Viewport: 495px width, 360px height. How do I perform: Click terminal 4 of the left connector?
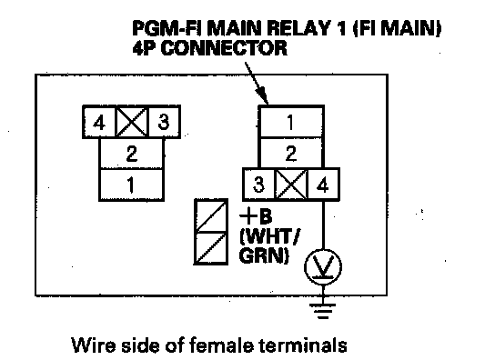pyautogui.click(x=99, y=122)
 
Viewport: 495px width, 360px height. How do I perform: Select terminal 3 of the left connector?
pyautogui.click(x=164, y=122)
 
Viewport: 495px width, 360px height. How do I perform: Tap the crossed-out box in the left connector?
pyautogui.click(x=132, y=122)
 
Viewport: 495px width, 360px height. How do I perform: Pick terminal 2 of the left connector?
pyautogui.click(x=132, y=154)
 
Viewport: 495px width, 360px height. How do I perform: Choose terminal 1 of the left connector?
pyautogui.click(x=132, y=185)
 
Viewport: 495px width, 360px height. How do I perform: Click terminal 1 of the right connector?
pyautogui.click(x=291, y=122)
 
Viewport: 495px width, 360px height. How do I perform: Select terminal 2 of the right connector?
pyautogui.click(x=291, y=153)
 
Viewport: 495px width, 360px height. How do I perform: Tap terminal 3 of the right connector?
pyautogui.click(x=258, y=185)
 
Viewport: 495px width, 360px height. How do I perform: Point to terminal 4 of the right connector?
pyautogui.click(x=323, y=185)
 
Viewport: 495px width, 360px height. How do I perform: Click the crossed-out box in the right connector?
pyautogui.click(x=291, y=185)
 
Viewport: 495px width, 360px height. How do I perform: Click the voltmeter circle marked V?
pyautogui.click(x=323, y=267)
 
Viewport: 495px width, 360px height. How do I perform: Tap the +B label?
pyautogui.click(x=256, y=216)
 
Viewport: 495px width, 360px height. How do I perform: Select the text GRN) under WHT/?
pyautogui.click(x=264, y=255)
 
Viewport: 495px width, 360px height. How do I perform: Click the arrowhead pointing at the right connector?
pyautogui.click(x=262, y=95)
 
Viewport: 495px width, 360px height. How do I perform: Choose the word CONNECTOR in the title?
pyautogui.click(x=225, y=48)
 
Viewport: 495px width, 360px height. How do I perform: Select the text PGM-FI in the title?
pyautogui.click(x=167, y=28)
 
